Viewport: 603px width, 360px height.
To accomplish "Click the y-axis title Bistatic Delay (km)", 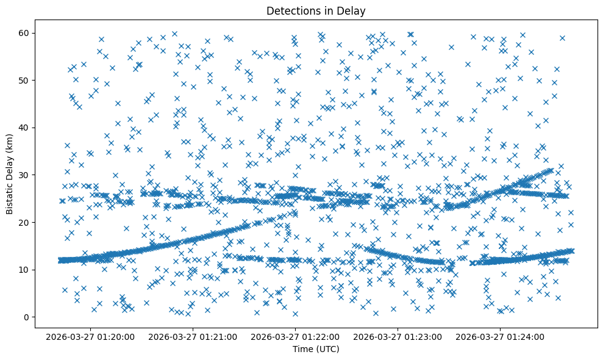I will tap(10, 173).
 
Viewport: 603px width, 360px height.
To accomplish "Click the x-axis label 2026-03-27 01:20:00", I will tap(90, 337).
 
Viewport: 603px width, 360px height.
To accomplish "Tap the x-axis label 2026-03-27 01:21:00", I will tap(193, 337).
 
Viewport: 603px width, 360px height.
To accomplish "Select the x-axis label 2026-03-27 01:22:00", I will tap(296, 337).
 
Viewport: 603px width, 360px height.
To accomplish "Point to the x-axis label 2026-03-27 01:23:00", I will tap(398, 337).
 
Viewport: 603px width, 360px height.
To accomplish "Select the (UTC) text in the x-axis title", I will tap(327, 350).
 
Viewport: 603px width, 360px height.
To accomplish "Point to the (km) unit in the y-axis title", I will tap(10, 140).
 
